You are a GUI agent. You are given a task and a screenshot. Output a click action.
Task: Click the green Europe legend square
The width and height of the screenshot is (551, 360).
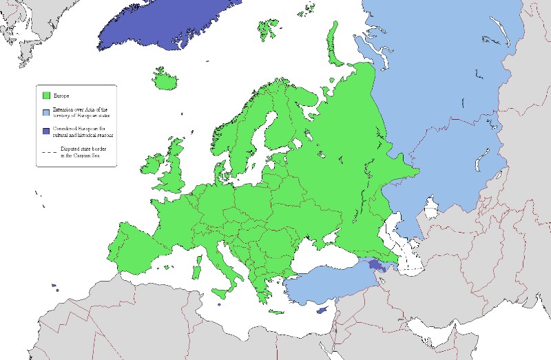tap(46, 96)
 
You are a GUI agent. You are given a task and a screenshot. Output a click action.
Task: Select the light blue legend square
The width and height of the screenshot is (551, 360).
tap(46, 112)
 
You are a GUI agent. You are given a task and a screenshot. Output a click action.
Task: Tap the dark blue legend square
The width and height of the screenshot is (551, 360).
tap(46, 131)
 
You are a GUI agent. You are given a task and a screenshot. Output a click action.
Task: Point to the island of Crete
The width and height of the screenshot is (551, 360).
tap(276, 312)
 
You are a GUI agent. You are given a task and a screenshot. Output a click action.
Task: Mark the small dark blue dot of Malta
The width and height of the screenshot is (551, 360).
tap(219, 304)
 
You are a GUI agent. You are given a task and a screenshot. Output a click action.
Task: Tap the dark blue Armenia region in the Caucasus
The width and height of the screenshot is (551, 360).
tap(376, 264)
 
